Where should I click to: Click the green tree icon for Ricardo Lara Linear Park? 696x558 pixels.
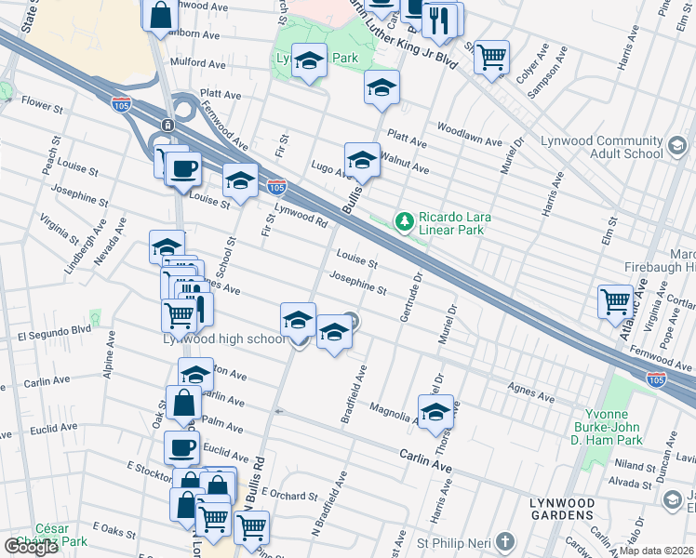(x=404, y=220)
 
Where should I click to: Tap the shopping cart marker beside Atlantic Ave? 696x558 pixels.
(x=615, y=299)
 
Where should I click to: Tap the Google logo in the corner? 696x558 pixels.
(x=31, y=547)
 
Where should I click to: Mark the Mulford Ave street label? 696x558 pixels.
(x=197, y=65)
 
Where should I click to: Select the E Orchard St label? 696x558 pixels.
(x=289, y=493)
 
